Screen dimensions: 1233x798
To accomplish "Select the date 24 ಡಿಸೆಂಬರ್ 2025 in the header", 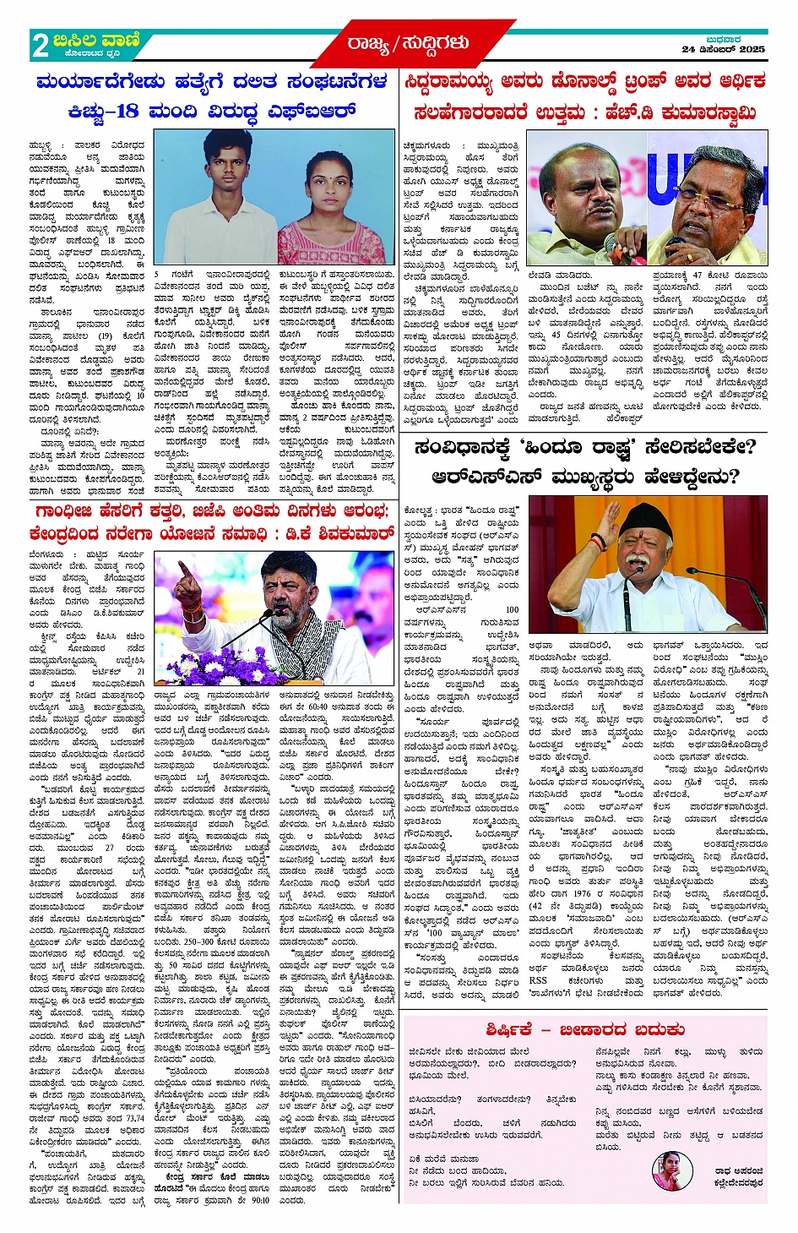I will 724,50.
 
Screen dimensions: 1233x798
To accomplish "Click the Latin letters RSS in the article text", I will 538,980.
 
